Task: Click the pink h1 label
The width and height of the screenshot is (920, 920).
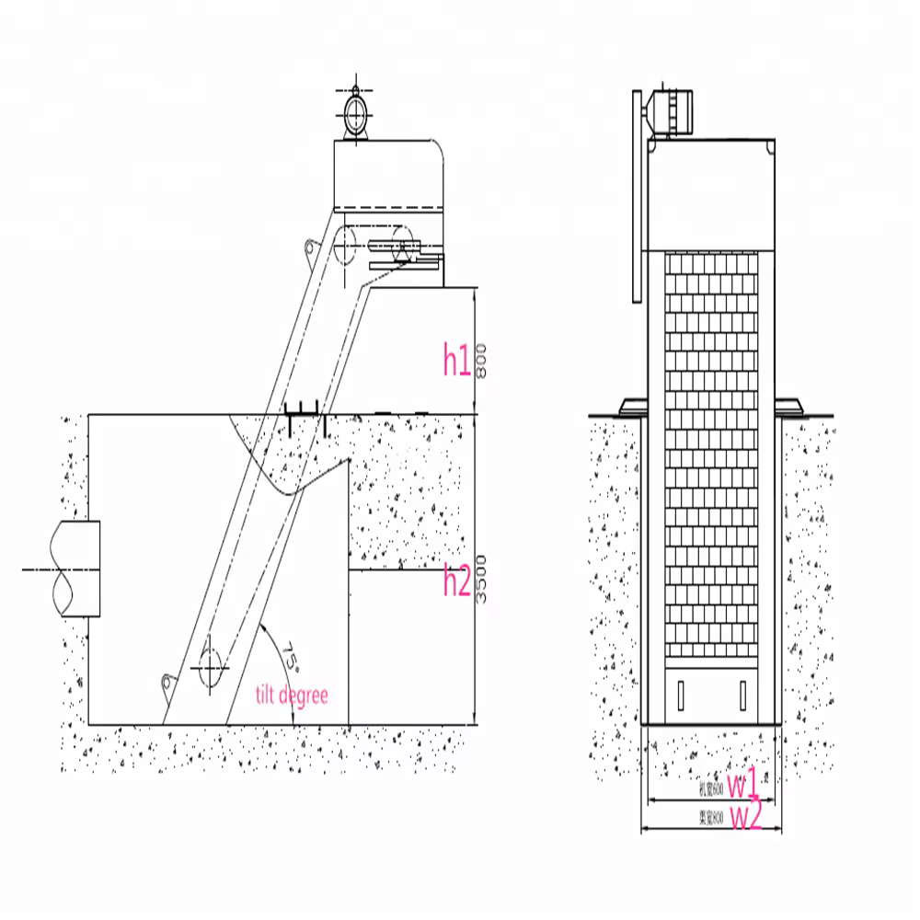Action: click(x=456, y=360)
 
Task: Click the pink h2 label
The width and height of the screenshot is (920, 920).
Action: click(x=457, y=581)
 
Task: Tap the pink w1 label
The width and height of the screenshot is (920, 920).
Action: click(x=743, y=785)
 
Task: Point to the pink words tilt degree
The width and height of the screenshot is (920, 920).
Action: click(x=291, y=695)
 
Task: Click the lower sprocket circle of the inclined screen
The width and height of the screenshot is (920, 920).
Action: click(x=211, y=663)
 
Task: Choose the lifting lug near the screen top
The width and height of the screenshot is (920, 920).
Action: click(x=312, y=247)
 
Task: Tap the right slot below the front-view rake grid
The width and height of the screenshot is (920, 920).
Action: click(x=743, y=695)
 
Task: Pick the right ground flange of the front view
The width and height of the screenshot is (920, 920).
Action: click(x=788, y=405)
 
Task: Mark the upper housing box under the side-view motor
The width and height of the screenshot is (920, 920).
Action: click(x=386, y=175)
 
